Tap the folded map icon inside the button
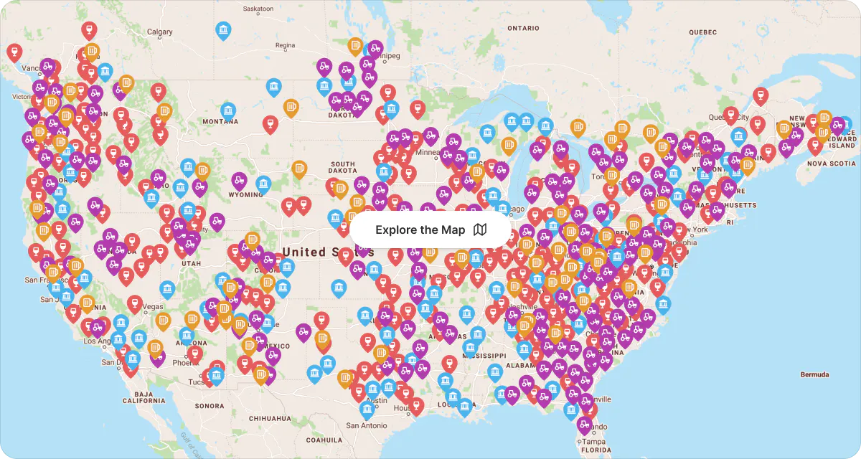[x=480, y=229]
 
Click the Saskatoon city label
[x=258, y=9]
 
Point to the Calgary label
[x=159, y=32]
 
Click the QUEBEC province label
[x=702, y=32]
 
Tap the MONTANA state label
[x=220, y=122]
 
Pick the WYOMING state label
[x=245, y=195]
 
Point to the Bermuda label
[x=815, y=374]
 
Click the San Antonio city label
[x=367, y=425]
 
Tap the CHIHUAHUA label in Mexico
[x=270, y=418]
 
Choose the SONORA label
[x=209, y=406]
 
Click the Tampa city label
[x=594, y=442]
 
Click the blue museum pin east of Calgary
[x=224, y=30]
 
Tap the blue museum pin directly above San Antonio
[x=367, y=410]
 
